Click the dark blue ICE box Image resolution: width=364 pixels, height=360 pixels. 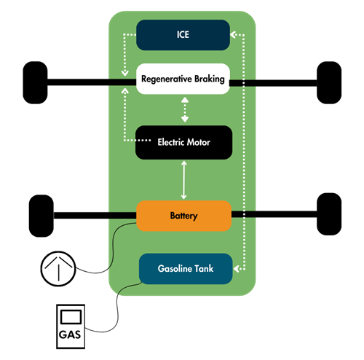[183, 34]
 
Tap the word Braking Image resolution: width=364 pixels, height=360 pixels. [207, 79]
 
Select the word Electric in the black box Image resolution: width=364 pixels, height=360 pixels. [172, 142]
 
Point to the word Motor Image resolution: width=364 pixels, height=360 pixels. [199, 142]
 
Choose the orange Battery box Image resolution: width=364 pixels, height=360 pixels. [183, 216]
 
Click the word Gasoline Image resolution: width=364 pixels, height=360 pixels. [174, 269]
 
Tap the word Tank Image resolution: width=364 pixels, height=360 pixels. [209, 269]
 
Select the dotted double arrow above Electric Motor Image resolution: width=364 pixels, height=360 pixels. [184, 109]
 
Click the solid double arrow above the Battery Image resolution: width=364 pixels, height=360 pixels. [184, 180]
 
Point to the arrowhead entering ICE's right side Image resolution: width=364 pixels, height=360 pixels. [234, 34]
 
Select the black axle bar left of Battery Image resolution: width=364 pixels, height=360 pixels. [122, 214]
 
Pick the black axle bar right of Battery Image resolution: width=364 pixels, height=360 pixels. [244, 214]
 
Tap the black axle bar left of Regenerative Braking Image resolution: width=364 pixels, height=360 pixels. [120, 82]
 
